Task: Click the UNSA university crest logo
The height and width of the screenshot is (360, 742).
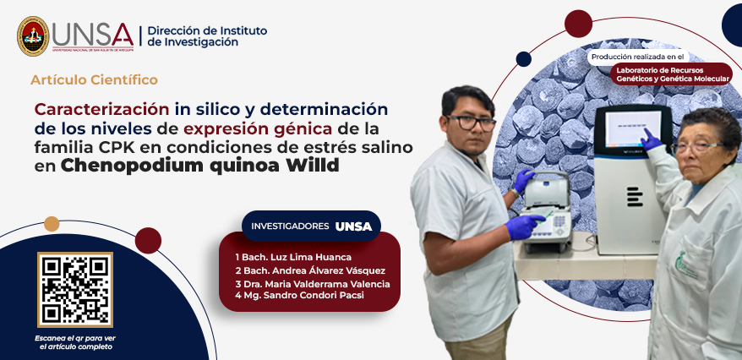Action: pos(33,36)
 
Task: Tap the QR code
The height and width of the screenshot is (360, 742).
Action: pos(75,290)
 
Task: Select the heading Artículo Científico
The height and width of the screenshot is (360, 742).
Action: pos(94,80)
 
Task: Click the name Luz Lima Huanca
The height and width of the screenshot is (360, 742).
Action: pos(297,258)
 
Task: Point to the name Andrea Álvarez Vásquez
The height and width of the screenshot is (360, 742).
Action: pos(314,270)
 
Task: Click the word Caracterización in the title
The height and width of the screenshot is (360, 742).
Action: pos(101,109)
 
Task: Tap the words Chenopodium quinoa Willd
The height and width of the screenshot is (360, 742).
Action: pos(199,166)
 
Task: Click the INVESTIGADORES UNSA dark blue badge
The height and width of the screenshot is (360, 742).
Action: pos(311,226)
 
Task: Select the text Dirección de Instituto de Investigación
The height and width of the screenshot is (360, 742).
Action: pos(207,36)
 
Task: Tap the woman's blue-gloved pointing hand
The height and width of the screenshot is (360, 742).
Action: pos(651,140)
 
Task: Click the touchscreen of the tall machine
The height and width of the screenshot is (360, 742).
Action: pos(633,128)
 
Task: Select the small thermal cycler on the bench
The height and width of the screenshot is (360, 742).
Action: pos(546,210)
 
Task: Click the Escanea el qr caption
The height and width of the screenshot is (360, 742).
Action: pos(75,342)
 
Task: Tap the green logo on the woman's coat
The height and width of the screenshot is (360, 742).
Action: pos(685,264)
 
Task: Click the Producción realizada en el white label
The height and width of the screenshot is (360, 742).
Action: pos(638,57)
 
